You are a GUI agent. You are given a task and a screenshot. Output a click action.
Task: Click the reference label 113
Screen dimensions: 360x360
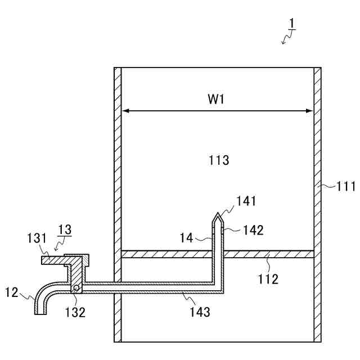click(x=218, y=160)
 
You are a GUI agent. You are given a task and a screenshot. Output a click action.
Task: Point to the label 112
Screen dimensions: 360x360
click(x=268, y=278)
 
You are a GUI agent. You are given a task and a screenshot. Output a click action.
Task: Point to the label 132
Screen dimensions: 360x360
click(x=75, y=312)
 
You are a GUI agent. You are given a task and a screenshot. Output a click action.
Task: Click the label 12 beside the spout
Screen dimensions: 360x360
click(x=13, y=292)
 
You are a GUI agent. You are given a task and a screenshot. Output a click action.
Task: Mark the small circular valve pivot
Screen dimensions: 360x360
click(x=75, y=289)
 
